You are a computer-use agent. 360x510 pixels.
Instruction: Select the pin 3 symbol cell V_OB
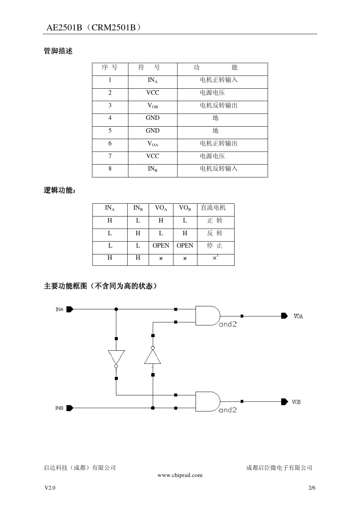coord(152,106)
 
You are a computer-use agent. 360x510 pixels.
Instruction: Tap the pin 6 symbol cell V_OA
coord(152,144)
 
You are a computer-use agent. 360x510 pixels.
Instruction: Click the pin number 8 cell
coord(110,169)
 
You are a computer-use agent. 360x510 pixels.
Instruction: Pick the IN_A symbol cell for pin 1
coord(152,80)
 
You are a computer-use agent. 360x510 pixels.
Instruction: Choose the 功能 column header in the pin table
coord(215,67)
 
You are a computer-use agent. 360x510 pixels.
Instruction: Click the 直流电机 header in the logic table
coord(213,208)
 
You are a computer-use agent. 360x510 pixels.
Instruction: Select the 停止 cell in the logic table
coord(215,246)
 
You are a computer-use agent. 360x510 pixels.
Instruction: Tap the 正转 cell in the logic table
coord(215,221)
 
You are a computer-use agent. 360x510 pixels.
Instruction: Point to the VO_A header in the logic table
coord(161,208)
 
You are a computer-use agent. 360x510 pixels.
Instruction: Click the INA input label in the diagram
coord(59,309)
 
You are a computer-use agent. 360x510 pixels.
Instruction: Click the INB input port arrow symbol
coord(70,408)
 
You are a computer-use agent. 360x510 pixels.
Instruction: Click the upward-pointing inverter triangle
coord(153,357)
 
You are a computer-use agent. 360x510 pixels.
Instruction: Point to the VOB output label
coord(296,402)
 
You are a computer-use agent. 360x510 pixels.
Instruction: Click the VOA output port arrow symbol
coord(284,316)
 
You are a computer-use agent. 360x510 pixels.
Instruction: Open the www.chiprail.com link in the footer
coord(180,475)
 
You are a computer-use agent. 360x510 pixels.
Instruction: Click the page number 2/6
coord(312,488)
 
